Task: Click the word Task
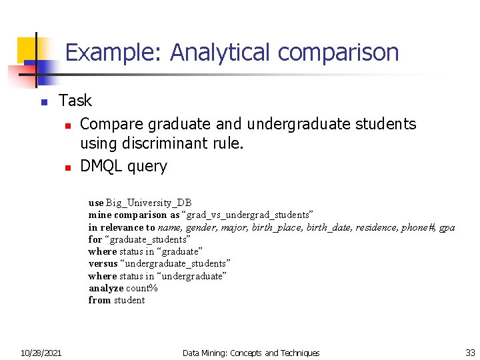click(x=75, y=101)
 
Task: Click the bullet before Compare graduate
click(x=67, y=125)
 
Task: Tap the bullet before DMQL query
click(x=67, y=167)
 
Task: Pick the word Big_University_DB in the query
click(x=149, y=203)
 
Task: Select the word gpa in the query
click(x=447, y=228)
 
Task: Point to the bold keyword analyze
click(x=106, y=288)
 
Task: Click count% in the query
click(x=142, y=288)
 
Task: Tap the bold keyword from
click(x=99, y=300)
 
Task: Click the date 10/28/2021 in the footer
click(x=41, y=353)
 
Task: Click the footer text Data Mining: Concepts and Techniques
click(x=251, y=353)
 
